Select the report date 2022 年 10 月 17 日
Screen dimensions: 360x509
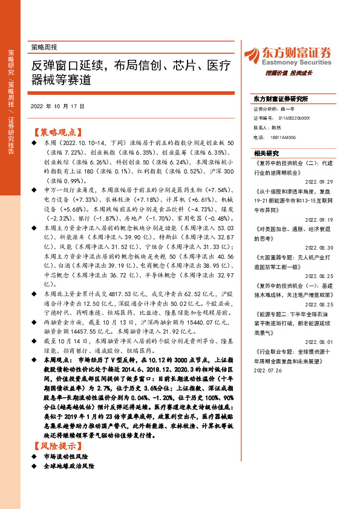[57, 106]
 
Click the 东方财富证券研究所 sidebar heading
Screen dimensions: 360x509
[281, 99]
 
